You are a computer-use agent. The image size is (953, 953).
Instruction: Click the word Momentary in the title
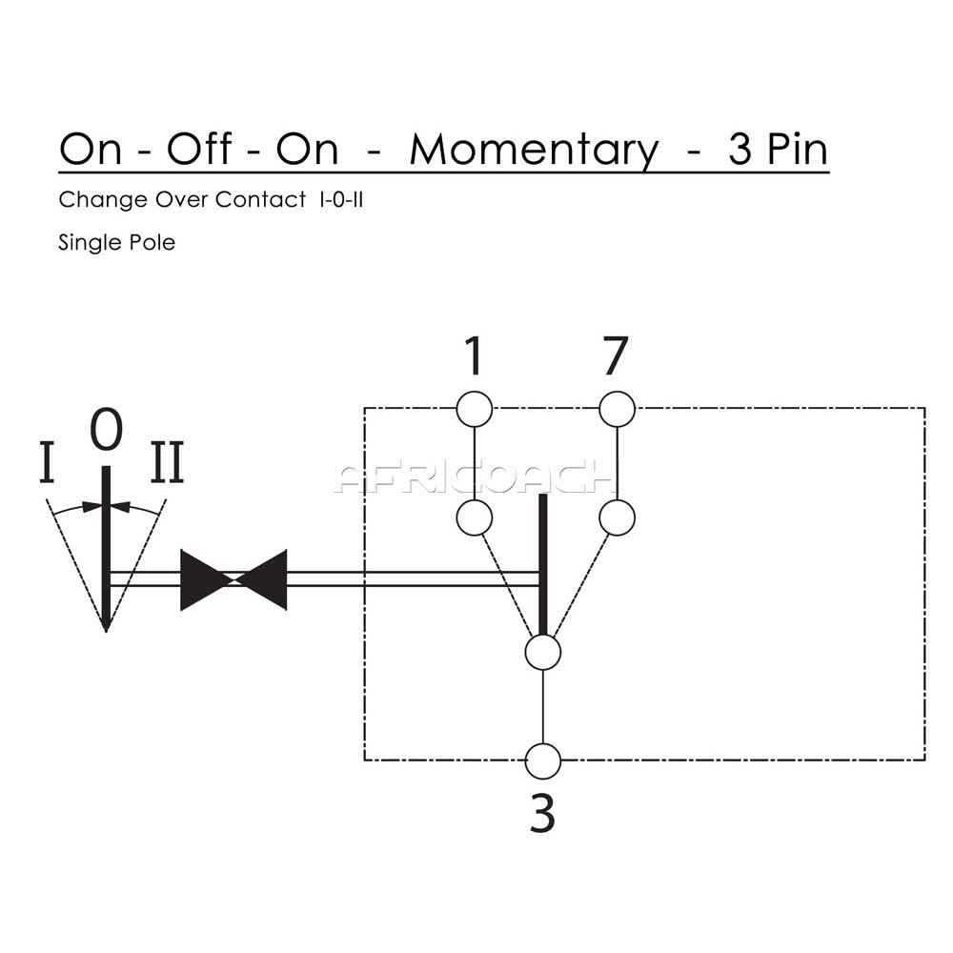click(x=534, y=151)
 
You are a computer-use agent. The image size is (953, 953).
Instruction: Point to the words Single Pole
click(x=116, y=242)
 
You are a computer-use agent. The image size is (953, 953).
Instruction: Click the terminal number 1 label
click(x=474, y=356)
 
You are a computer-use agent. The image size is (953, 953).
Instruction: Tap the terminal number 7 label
click(x=616, y=356)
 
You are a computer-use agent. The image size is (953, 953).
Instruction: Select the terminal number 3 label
click(x=542, y=816)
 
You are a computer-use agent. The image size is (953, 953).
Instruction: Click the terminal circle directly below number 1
click(x=474, y=410)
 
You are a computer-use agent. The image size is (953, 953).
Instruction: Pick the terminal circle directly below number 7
click(x=617, y=410)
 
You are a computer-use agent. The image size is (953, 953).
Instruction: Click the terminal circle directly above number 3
click(x=542, y=761)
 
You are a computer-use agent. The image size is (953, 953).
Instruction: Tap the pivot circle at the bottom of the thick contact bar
click(x=542, y=653)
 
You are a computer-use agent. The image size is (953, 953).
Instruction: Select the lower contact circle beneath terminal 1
click(x=474, y=517)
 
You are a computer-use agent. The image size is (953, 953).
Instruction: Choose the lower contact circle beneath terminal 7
click(x=617, y=517)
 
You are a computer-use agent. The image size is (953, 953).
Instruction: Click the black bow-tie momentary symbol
click(x=233, y=579)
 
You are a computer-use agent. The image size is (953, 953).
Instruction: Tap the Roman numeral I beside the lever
click(x=47, y=464)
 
